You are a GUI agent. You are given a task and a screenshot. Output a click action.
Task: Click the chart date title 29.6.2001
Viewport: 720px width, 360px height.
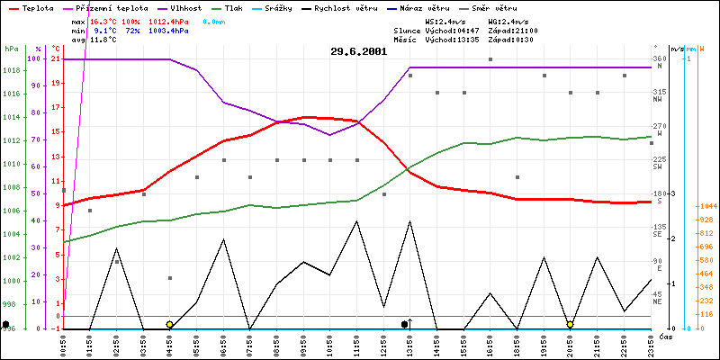pos(359,51)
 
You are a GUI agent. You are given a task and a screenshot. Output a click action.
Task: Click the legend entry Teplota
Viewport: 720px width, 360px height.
pos(36,7)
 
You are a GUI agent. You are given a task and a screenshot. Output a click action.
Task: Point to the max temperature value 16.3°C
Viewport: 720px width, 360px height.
pos(104,20)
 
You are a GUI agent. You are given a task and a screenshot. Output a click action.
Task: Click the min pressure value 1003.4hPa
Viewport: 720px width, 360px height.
pos(168,30)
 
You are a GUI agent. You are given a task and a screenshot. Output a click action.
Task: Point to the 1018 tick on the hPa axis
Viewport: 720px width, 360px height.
pos(11,70)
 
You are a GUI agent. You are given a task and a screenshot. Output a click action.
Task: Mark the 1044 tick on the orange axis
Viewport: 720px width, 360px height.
pos(706,207)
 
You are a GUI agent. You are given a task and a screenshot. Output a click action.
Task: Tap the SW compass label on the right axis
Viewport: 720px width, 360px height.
pos(658,166)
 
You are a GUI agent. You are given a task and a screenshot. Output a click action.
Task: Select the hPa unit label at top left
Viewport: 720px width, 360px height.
pos(11,49)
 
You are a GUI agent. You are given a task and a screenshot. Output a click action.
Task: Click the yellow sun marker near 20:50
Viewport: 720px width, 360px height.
pos(571,324)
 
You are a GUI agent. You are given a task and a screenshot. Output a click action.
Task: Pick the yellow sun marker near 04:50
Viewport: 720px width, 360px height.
pos(169,324)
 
